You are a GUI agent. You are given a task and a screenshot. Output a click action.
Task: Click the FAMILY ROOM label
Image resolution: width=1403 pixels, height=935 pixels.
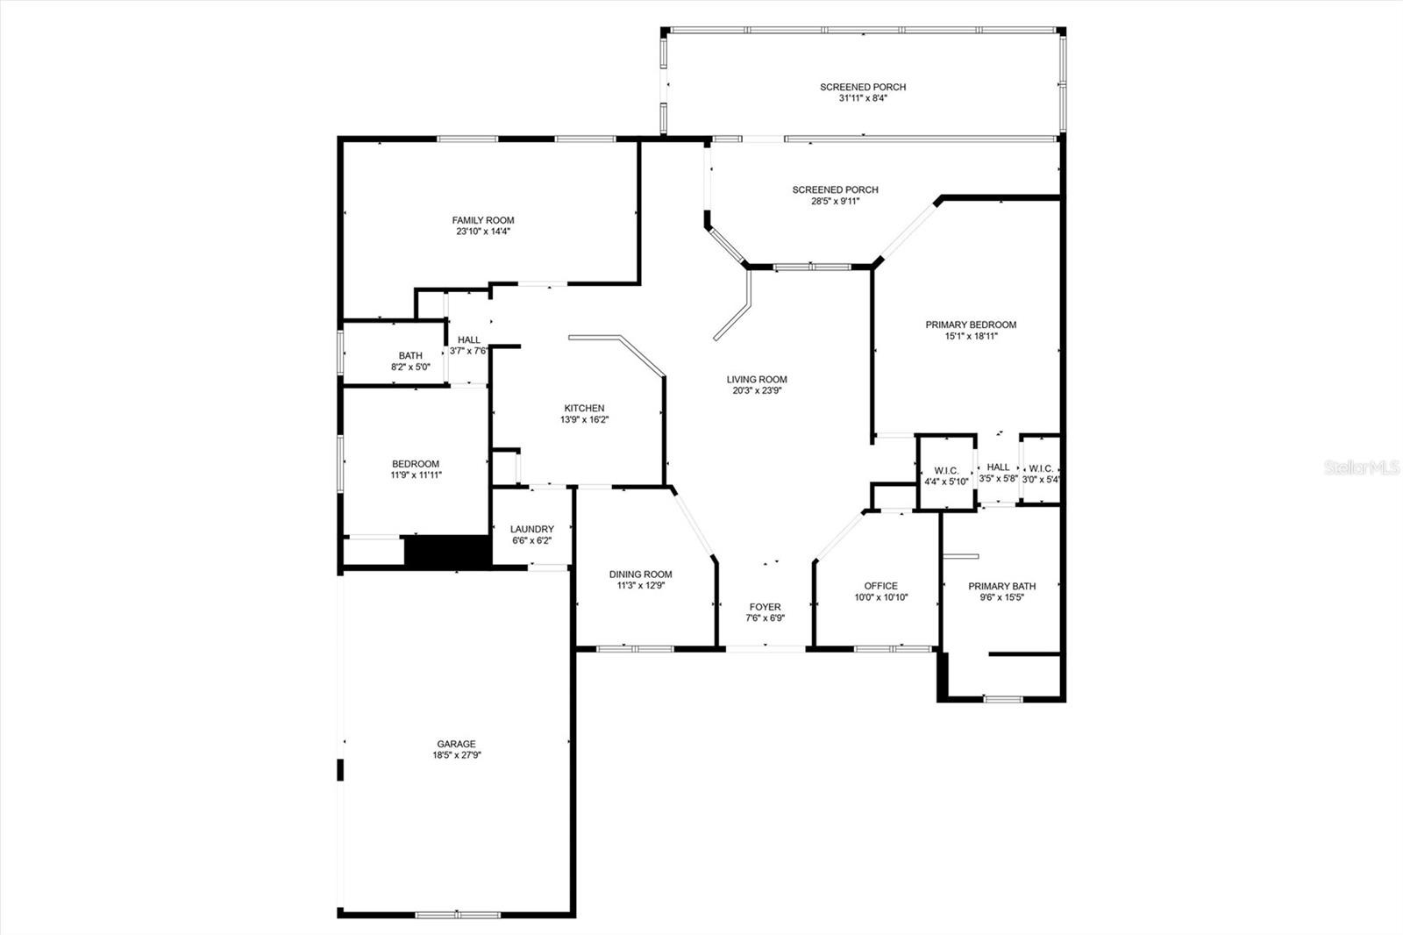[483, 220]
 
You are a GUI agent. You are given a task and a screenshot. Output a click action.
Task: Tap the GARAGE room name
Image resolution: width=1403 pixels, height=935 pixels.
[456, 744]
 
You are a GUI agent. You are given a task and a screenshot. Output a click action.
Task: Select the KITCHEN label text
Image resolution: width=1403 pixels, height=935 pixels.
[584, 408]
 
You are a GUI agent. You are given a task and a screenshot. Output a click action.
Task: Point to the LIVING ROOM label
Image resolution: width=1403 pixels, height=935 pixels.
[757, 379]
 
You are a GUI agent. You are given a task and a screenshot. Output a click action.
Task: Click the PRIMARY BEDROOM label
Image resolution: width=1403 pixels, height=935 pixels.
[971, 325]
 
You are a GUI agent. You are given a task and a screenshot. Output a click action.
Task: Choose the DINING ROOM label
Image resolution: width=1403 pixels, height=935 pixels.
[640, 574]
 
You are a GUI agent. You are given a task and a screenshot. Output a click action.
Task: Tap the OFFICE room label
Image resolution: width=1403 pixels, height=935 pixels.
[880, 586]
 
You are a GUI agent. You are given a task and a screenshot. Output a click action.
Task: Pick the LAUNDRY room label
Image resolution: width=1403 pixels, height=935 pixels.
[531, 529]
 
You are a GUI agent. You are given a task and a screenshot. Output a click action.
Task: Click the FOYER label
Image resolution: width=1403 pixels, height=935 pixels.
[765, 607]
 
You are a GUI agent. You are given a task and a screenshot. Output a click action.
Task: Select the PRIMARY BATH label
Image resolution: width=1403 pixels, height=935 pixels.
[1001, 586]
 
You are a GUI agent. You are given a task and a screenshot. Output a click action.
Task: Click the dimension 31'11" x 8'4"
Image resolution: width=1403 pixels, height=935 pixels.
[863, 97]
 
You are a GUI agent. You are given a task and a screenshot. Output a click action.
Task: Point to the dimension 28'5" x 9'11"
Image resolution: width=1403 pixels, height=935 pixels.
[835, 201]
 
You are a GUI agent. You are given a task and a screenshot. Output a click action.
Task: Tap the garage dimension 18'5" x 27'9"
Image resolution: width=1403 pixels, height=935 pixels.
[456, 755]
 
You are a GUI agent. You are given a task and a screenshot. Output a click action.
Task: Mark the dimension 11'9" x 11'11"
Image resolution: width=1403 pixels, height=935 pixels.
[416, 475]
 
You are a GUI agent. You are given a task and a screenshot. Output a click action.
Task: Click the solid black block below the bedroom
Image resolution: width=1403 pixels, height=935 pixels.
[447, 552]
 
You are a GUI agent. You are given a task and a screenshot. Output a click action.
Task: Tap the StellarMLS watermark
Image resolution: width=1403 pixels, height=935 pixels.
[1362, 467]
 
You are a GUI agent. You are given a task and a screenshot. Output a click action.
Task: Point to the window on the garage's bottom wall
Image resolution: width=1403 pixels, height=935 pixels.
[458, 915]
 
